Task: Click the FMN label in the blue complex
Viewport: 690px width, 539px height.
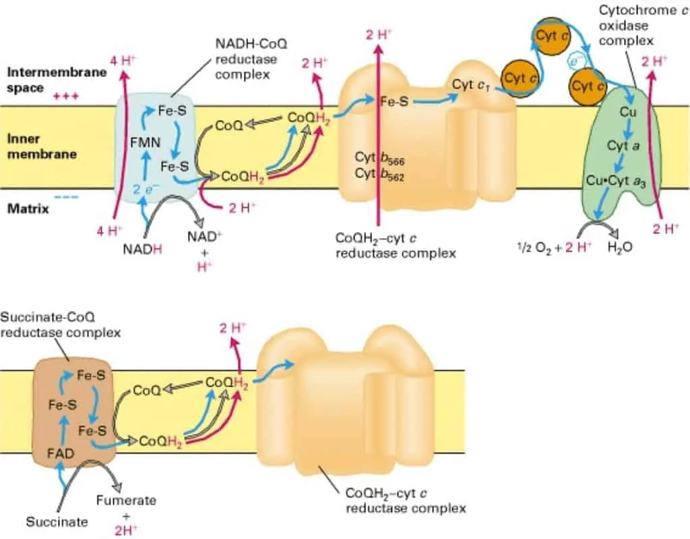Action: [x=146, y=142]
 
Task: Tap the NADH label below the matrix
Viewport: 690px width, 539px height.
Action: [x=142, y=250]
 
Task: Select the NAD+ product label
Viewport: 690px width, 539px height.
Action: [x=204, y=237]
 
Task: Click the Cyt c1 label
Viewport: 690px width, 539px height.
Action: [x=470, y=85]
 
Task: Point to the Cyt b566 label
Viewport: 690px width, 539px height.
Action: [x=379, y=159]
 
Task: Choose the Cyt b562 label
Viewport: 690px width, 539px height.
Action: [x=379, y=175]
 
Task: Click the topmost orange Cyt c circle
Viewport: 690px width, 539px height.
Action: [x=553, y=36]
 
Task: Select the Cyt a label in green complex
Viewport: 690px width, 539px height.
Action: [x=623, y=146]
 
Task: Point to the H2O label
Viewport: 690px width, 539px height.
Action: [x=620, y=248]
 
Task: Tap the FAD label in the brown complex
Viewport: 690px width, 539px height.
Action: [x=61, y=453]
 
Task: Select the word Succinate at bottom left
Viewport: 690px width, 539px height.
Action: [x=57, y=522]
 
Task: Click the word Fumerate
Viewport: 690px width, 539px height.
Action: [x=126, y=501]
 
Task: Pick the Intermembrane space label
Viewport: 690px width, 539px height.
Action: [x=57, y=80]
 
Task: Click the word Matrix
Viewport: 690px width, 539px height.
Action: [x=28, y=208]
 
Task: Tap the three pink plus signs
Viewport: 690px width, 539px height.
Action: [x=66, y=96]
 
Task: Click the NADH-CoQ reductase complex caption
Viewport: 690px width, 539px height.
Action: [x=251, y=59]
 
